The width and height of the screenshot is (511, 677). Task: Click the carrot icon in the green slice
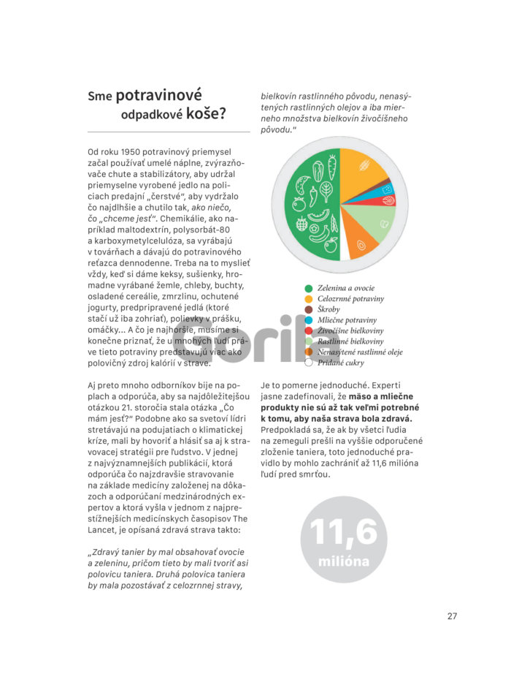[x=331, y=167]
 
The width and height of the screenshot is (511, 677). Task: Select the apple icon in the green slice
[x=330, y=245]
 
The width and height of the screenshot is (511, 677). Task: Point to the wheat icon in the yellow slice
[x=364, y=166]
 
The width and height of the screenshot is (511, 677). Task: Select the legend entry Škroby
[x=328, y=309]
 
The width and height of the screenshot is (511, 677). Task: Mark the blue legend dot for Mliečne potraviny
[x=309, y=320]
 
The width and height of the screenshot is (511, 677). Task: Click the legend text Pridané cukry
[x=340, y=362]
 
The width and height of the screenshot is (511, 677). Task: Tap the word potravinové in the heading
[x=158, y=96]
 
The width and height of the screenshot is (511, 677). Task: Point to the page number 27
[x=452, y=616]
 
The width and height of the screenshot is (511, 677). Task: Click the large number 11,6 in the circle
[x=343, y=532]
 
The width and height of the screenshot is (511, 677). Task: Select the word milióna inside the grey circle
[x=343, y=562]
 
